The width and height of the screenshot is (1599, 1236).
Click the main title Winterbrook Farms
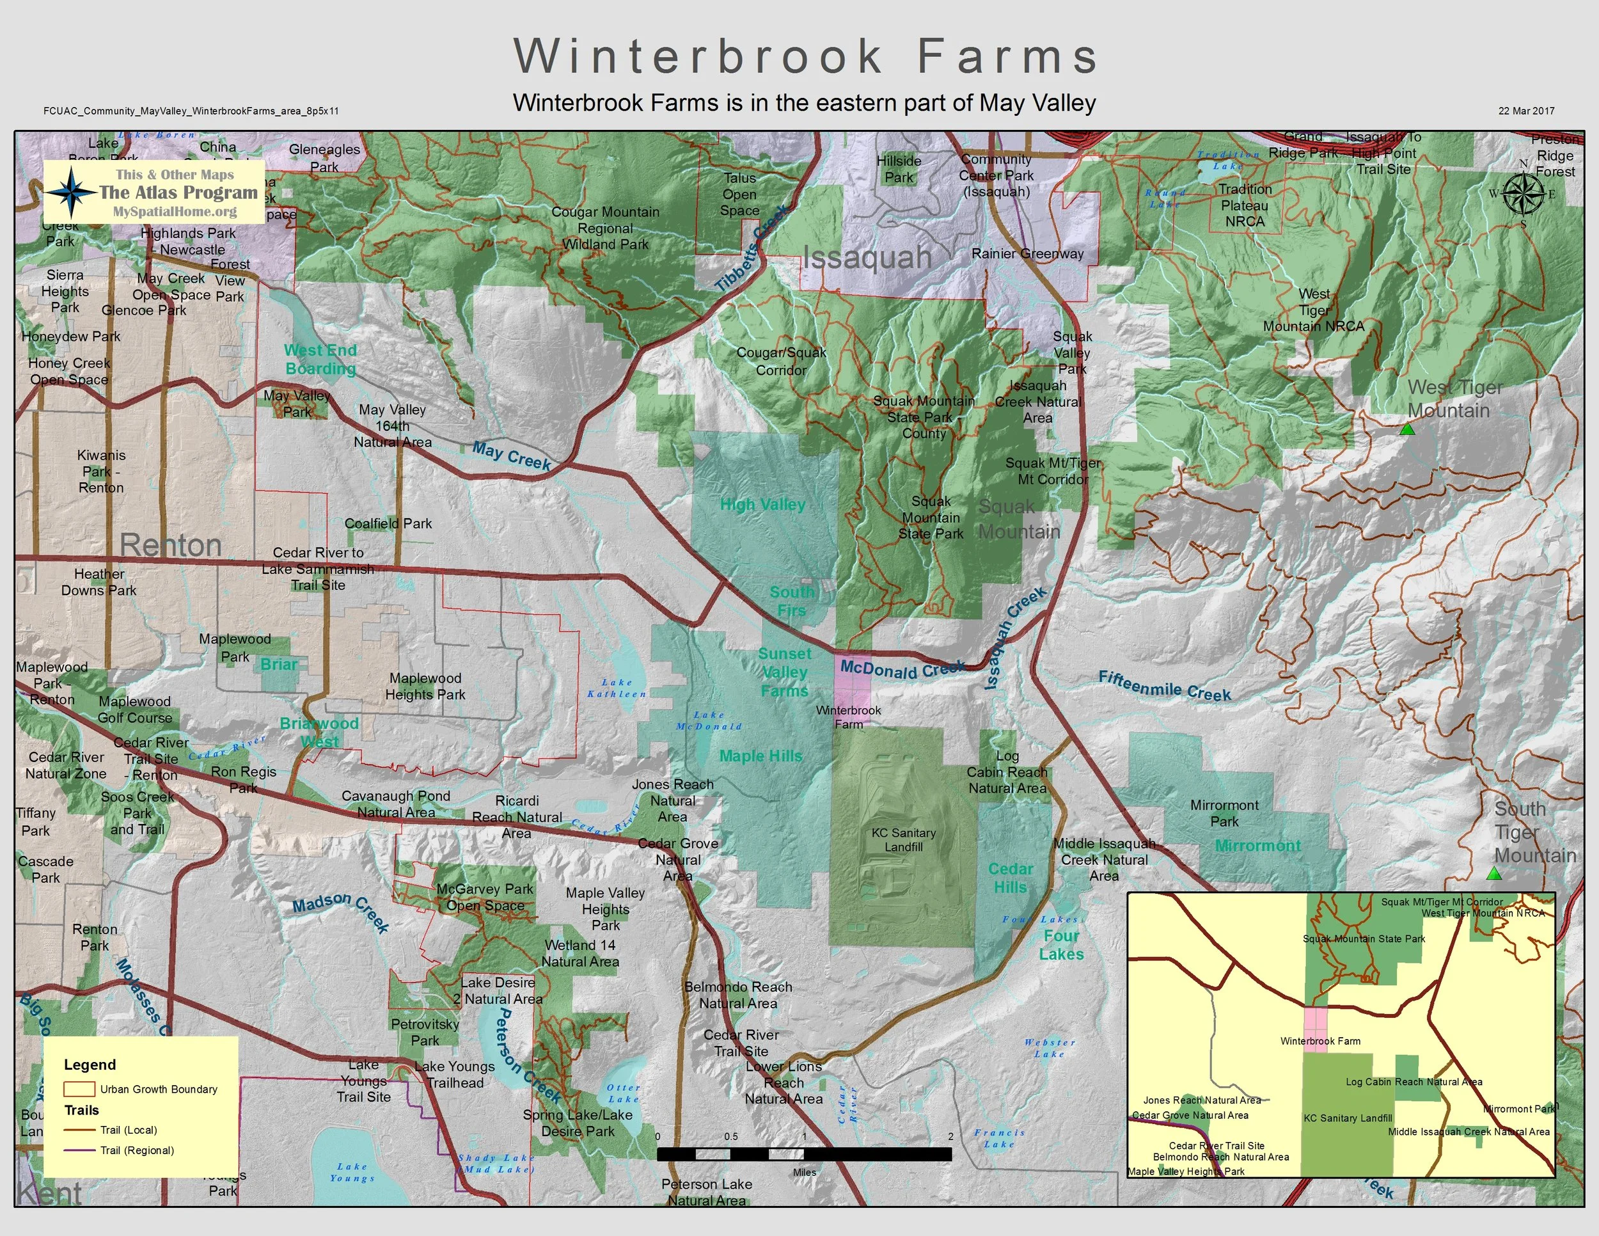click(x=805, y=56)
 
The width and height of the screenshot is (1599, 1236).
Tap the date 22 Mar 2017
click(x=1526, y=111)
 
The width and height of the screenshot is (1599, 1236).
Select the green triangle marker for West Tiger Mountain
click(x=1406, y=430)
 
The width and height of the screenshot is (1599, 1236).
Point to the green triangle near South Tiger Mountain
click(x=1494, y=873)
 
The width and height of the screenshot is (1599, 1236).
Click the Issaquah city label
click(x=867, y=258)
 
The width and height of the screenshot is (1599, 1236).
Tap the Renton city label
click(x=171, y=545)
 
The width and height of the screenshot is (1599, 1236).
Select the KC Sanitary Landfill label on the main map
click(x=904, y=840)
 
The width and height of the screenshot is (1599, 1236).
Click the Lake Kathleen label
click(x=617, y=688)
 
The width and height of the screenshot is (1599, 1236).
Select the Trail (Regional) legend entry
click(x=137, y=1150)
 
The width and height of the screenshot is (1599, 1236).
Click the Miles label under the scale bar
click(x=804, y=1172)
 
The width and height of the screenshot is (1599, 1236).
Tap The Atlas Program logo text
click(x=178, y=193)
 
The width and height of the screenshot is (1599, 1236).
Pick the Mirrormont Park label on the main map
click(x=1224, y=812)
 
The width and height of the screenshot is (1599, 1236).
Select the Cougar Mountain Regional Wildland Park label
click(x=606, y=228)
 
